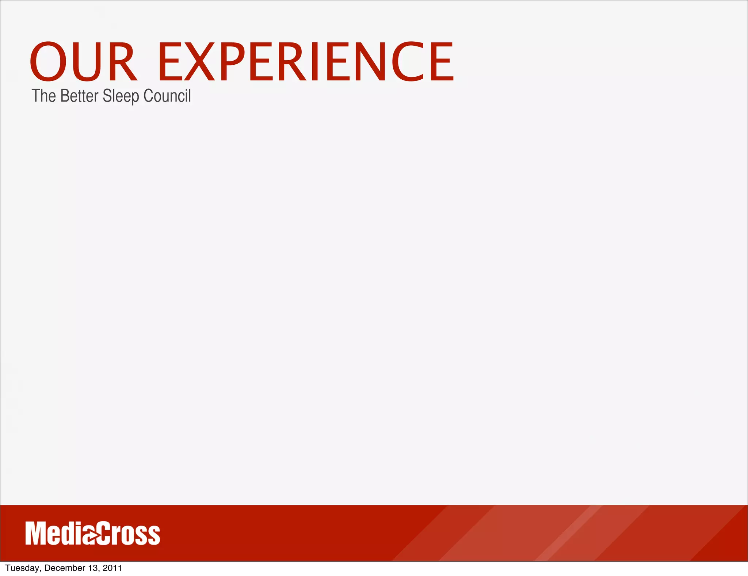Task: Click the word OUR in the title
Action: tap(83, 61)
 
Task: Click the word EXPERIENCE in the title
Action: tap(306, 61)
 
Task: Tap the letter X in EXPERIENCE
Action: tap(199, 61)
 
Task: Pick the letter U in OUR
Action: tap(87, 61)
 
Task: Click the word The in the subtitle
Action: tap(43, 96)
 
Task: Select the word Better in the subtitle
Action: tap(79, 96)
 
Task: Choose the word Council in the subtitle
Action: tap(167, 96)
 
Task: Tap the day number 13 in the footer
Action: tap(93, 568)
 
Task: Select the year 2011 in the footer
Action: tap(112, 568)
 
